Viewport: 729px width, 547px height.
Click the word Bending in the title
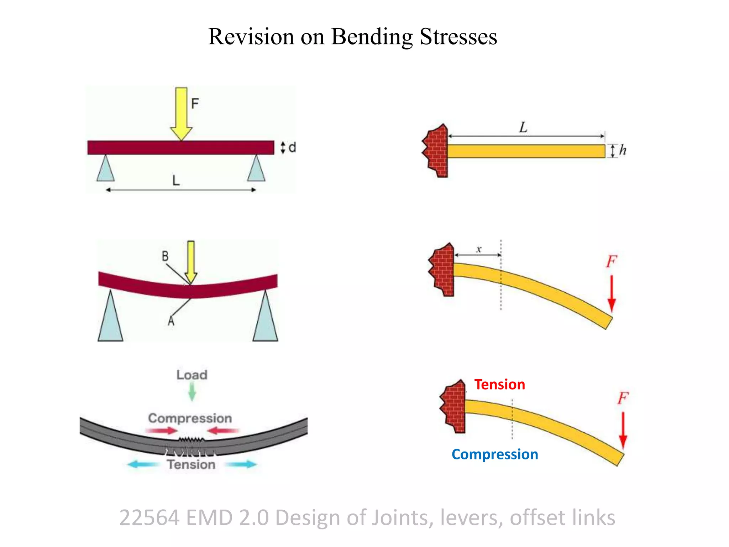pyautogui.click(x=372, y=37)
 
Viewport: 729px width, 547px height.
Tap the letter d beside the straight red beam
pyautogui.click(x=292, y=147)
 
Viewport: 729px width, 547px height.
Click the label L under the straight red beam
pyautogui.click(x=176, y=181)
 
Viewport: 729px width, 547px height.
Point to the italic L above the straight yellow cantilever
pyautogui.click(x=523, y=127)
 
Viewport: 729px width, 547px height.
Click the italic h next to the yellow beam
pyautogui.click(x=623, y=150)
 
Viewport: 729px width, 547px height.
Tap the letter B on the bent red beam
pyautogui.click(x=165, y=256)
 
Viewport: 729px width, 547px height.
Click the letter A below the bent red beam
pyautogui.click(x=171, y=321)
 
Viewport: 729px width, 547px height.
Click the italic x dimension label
pyautogui.click(x=479, y=249)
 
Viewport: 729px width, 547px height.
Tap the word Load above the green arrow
pyautogui.click(x=192, y=375)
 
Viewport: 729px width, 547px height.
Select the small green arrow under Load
pyautogui.click(x=192, y=391)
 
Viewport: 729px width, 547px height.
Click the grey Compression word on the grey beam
pyautogui.click(x=190, y=418)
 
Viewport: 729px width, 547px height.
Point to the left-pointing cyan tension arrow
pyautogui.click(x=142, y=464)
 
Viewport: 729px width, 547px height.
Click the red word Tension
pyautogui.click(x=499, y=385)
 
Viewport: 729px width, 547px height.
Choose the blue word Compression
pyautogui.click(x=495, y=454)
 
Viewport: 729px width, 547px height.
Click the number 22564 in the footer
pyautogui.click(x=149, y=517)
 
